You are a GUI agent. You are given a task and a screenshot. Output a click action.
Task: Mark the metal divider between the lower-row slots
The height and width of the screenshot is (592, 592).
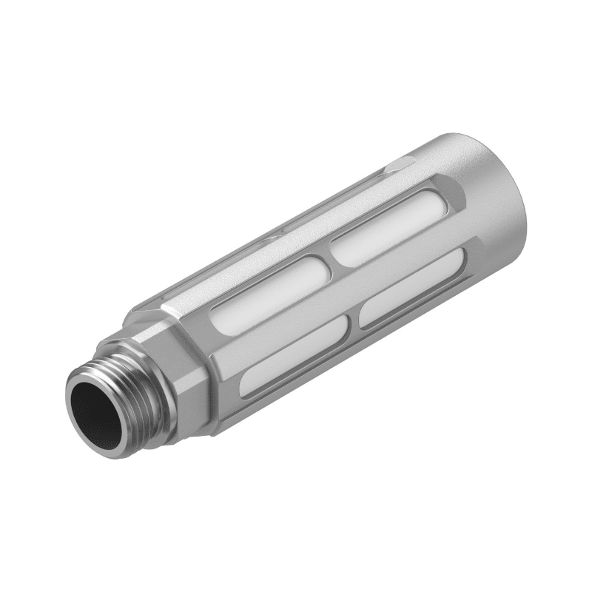tap(353, 317)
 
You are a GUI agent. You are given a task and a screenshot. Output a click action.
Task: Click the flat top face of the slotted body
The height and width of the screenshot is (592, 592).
tap(296, 222)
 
